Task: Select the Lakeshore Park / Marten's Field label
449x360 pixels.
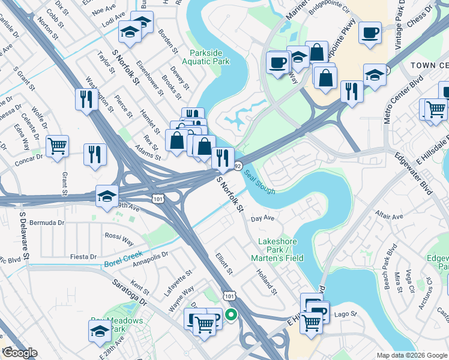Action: (280, 250)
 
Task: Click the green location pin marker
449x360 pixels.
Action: (231, 314)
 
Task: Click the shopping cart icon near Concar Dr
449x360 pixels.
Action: (57, 146)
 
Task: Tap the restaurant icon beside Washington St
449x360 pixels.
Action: (86, 99)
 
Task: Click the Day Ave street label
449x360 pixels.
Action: (262, 218)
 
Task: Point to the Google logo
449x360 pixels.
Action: (20, 353)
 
